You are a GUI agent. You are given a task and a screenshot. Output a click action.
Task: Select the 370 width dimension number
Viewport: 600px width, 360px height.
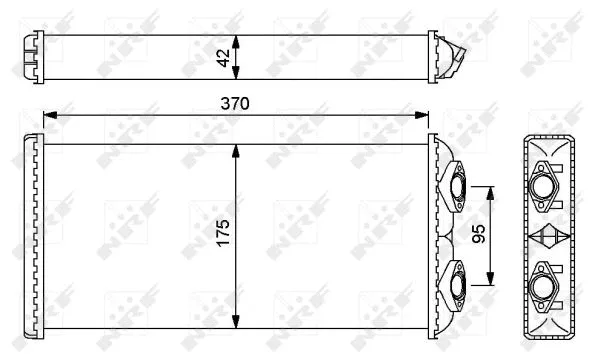tap(235, 103)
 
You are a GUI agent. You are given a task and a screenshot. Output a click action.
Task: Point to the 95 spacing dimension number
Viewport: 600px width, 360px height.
tap(479, 235)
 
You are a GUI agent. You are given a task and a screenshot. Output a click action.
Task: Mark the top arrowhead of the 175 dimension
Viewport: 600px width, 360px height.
tap(236, 150)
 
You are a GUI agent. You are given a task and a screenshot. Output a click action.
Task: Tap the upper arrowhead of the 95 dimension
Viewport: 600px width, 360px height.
tap(492, 191)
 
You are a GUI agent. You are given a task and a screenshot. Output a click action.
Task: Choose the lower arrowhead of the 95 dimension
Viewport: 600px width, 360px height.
tap(492, 280)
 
